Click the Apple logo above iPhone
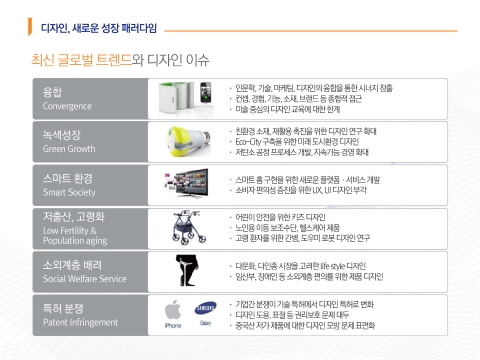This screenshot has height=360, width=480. [x=172, y=308]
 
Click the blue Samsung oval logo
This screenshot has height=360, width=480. [x=205, y=308]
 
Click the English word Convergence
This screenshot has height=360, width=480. [x=68, y=105]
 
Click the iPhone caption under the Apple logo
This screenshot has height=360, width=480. [x=172, y=325]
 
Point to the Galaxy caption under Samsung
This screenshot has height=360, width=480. [x=205, y=323]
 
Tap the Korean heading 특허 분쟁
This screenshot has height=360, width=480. [x=64, y=310]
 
